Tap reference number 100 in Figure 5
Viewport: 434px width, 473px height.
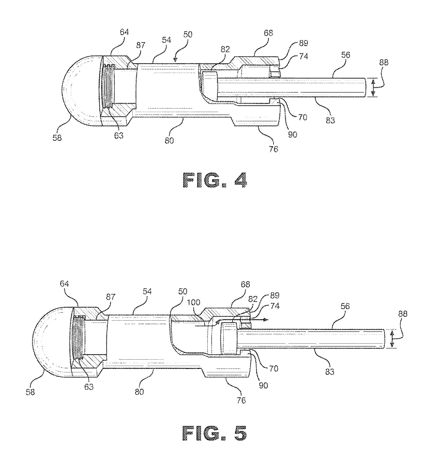point(194,303)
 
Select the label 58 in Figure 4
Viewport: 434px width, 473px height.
point(57,138)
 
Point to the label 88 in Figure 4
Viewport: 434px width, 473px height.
point(384,63)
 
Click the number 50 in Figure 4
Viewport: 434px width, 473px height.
point(188,34)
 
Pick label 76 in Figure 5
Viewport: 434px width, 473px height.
point(241,400)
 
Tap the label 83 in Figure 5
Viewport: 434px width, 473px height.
point(330,372)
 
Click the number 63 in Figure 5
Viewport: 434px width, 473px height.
point(89,386)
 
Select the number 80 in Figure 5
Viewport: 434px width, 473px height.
point(139,392)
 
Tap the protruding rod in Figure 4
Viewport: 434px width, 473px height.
point(293,88)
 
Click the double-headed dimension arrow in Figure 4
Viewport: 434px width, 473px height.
point(373,87)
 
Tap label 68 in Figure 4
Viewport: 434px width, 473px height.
point(268,33)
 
